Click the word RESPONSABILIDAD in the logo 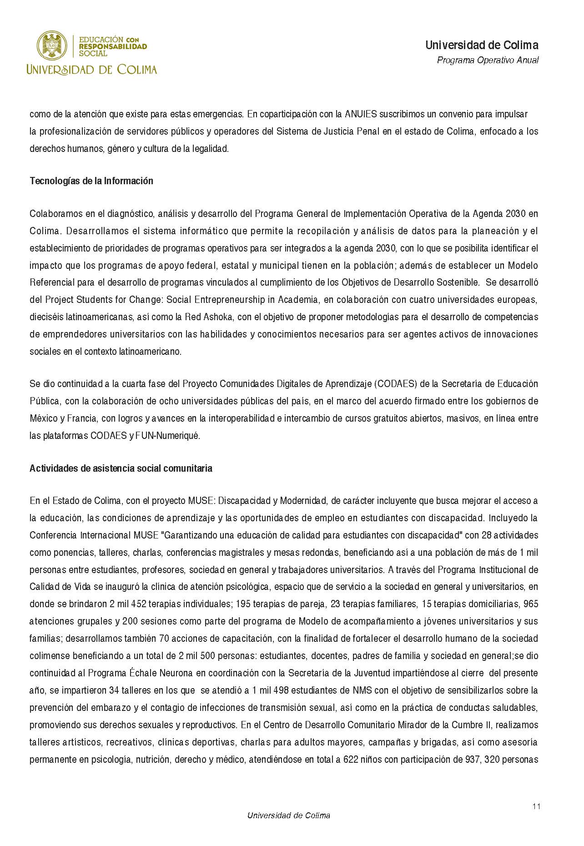(x=113, y=46)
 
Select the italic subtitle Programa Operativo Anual (x=488, y=60)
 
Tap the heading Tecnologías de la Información (x=91, y=181)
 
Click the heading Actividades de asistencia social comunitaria (x=121, y=468)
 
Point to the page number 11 (x=536, y=806)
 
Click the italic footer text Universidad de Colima (x=288, y=815)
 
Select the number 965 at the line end (x=531, y=604)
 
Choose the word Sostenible (x=459, y=282)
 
